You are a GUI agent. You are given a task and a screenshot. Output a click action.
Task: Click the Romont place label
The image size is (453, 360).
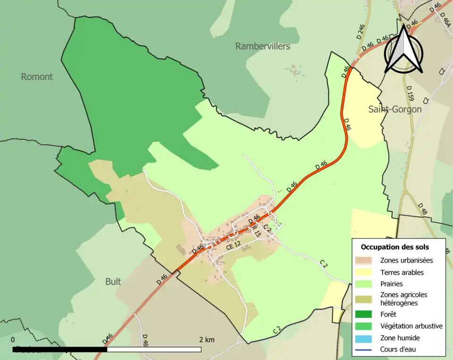click(37, 77)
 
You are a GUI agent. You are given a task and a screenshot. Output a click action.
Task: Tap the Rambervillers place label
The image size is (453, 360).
click(262, 46)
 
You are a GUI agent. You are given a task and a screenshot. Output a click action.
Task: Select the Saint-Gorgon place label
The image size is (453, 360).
click(394, 109)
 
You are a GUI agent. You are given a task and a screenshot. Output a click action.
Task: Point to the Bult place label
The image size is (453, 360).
click(113, 282)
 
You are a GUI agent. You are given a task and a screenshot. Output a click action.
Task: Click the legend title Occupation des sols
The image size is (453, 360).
click(395, 247)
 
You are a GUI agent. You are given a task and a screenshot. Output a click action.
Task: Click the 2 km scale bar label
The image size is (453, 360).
click(207, 340)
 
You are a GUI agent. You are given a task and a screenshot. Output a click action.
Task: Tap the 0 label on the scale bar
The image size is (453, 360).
click(12, 340)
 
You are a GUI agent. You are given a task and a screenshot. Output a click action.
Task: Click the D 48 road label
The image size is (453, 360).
click(422, 210)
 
